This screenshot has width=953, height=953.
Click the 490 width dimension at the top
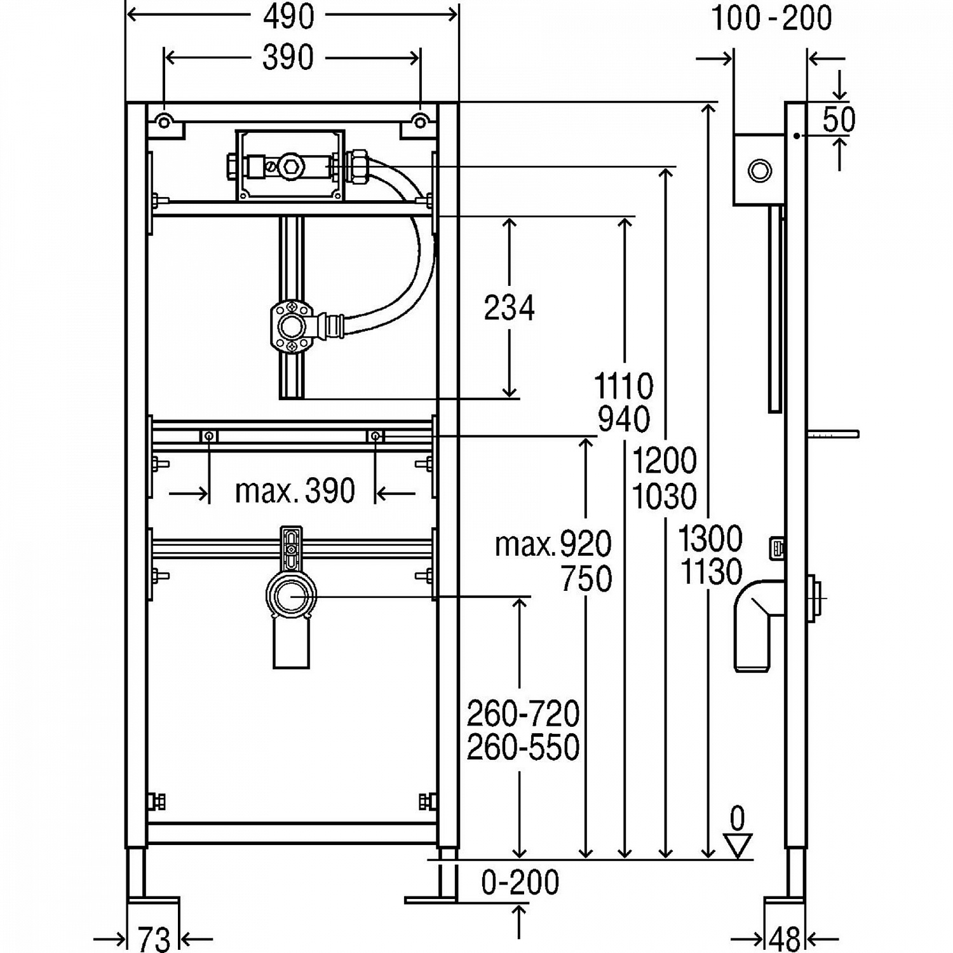click(288, 17)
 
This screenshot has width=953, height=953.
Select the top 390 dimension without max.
click(288, 58)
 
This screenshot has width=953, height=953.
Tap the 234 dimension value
click(509, 308)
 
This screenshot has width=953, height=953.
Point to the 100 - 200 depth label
click(771, 18)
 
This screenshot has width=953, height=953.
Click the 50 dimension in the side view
click(839, 119)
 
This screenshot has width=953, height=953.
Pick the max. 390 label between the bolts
click(294, 490)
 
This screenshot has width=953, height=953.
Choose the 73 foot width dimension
click(154, 938)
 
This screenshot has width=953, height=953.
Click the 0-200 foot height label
click(520, 882)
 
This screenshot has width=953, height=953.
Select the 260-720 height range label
click(523, 713)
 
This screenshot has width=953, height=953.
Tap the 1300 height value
click(710, 539)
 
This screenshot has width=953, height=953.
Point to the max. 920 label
click(553, 544)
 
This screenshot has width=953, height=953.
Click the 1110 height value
click(623, 386)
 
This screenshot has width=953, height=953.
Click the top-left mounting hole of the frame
click(164, 121)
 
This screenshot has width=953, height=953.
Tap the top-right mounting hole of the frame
click(420, 121)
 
